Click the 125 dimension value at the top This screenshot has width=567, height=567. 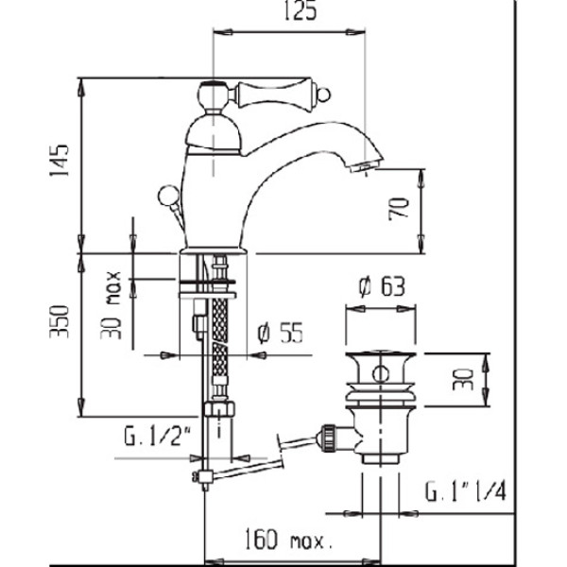pyautogui.click(x=293, y=12)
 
